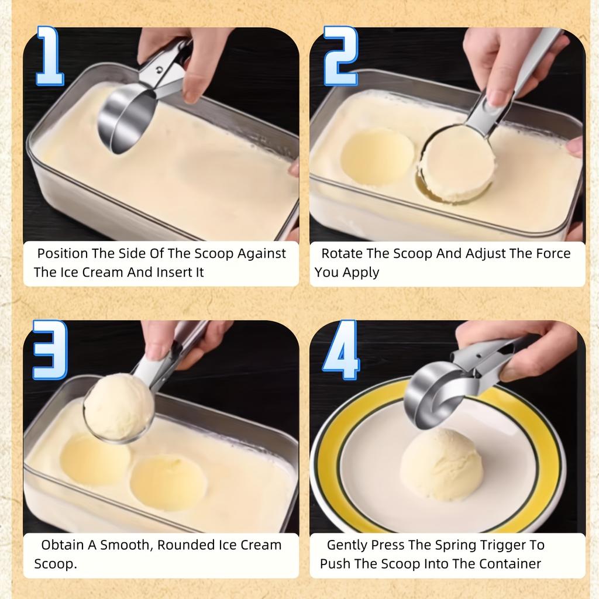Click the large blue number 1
click(50, 56)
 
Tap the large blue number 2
click(340, 56)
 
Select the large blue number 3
click(50, 350)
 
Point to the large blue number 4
click(340, 350)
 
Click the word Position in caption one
click(61, 254)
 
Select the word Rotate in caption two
click(342, 254)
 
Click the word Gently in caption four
click(347, 545)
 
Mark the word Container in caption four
click(510, 564)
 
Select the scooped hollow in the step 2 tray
click(377, 157)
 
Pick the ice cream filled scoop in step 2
click(457, 164)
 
